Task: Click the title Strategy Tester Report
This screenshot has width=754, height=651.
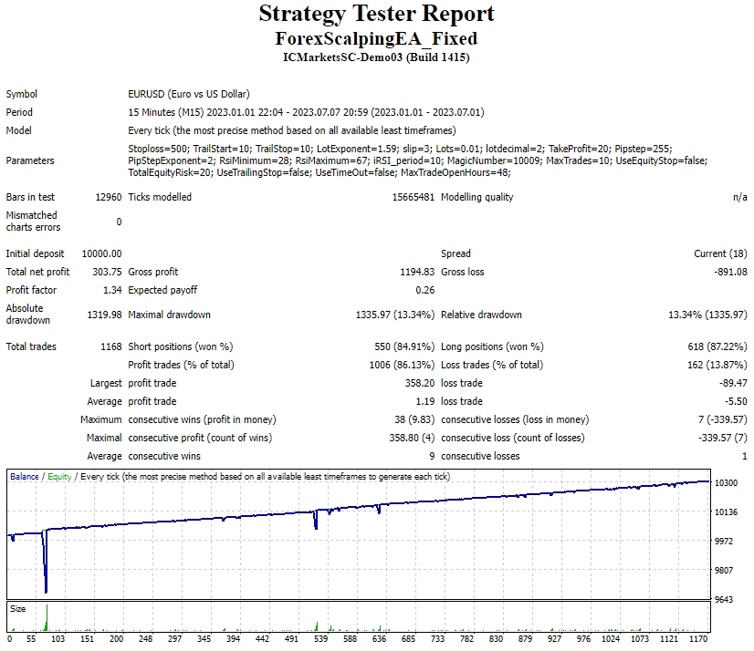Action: [x=376, y=14]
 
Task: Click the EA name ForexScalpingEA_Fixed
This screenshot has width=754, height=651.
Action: [x=376, y=38]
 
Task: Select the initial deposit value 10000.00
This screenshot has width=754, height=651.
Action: [x=101, y=253]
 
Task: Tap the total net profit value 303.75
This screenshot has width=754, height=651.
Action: [x=108, y=272]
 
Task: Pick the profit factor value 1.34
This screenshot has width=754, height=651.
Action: [x=112, y=290]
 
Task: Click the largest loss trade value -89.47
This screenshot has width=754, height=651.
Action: [x=733, y=383]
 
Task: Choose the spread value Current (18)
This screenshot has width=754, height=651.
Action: [x=720, y=253]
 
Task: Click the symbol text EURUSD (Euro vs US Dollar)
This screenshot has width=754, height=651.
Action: [x=189, y=94]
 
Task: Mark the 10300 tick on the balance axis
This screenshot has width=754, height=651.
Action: [x=726, y=482]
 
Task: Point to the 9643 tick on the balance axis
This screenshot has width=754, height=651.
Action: [x=723, y=599]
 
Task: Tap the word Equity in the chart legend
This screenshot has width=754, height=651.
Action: [x=58, y=477]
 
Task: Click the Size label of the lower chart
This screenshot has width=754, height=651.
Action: [x=17, y=608]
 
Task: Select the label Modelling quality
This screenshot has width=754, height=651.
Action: [x=476, y=197]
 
